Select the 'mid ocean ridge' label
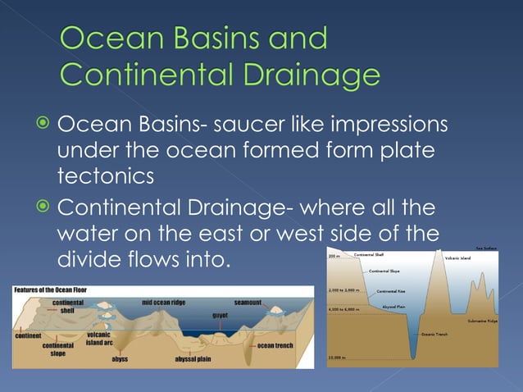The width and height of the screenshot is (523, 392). [x=163, y=303]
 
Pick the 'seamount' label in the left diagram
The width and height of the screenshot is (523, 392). [x=248, y=303]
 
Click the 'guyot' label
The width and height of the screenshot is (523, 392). [x=220, y=314]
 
